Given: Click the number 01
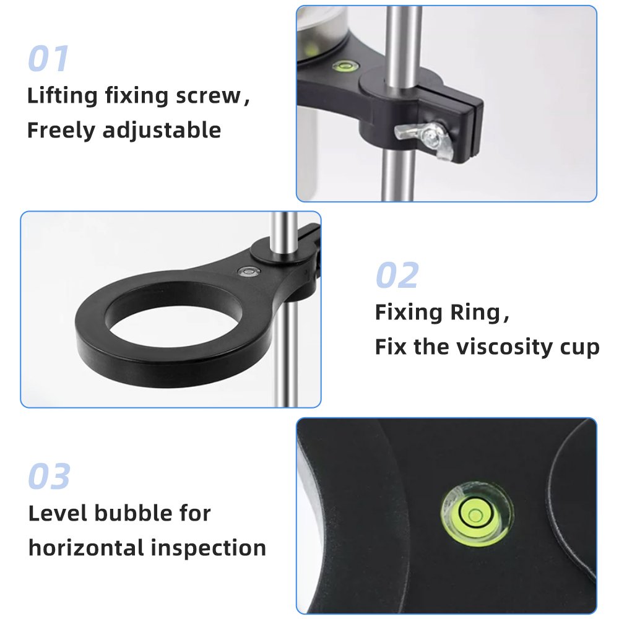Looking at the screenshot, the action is coord(48,58).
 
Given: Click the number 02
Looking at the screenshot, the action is coord(397,275).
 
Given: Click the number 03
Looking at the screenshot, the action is coord(50,476).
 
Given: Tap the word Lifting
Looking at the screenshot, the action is coord(63,97).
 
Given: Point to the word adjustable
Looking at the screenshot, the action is coord(162,131).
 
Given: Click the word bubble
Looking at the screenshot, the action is coord(134,513).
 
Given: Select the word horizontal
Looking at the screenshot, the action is coord(86,548).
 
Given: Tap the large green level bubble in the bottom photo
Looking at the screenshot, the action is coord(475,515).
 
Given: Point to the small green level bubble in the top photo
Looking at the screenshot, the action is coord(345,66).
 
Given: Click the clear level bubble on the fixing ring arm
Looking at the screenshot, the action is coord(249,271).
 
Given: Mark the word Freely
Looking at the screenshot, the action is coord(61,131).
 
